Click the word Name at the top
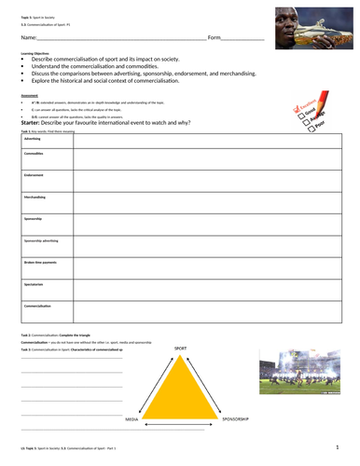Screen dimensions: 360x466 (26, 38)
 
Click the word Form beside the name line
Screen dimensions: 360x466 (214, 38)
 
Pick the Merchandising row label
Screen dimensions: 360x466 (36, 197)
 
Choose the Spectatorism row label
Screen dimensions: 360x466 (35, 283)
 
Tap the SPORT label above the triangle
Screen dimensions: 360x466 (181, 348)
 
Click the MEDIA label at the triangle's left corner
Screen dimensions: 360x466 (132, 419)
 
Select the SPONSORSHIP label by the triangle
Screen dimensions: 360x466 (235, 419)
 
